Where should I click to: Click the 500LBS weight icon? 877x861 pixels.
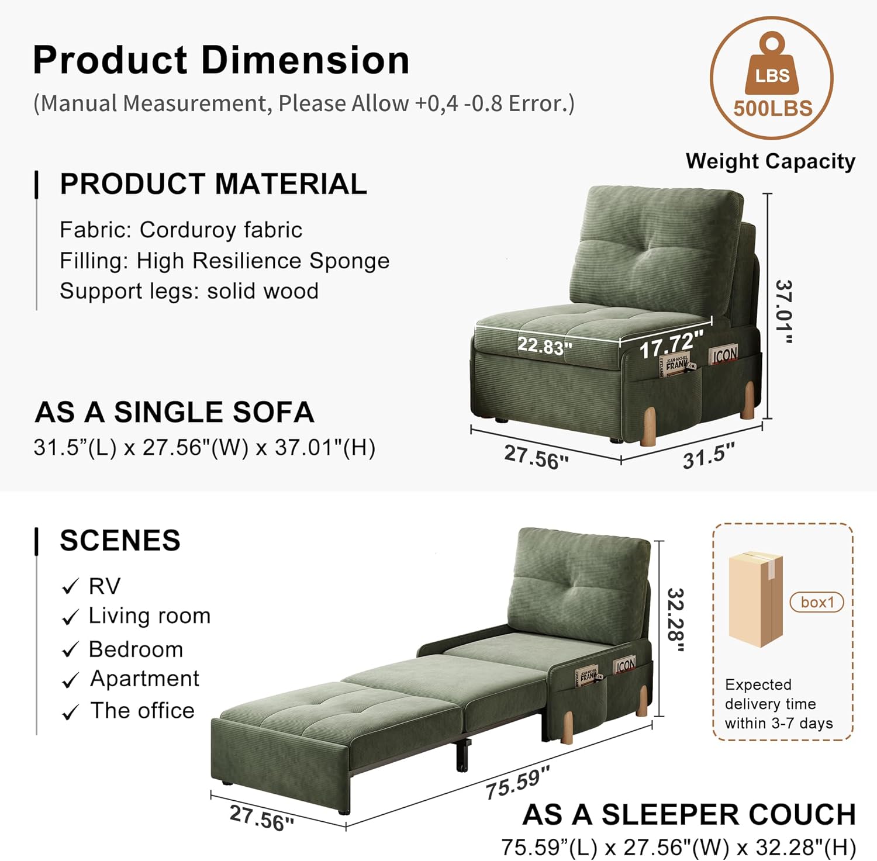772,78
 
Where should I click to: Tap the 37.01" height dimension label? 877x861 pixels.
784,312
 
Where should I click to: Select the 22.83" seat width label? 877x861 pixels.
544,346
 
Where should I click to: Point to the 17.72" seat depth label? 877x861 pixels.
671,345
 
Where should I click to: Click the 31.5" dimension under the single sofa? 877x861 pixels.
709,456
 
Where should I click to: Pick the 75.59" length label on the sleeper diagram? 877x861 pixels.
518,783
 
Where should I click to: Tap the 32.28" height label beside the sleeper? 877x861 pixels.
676,620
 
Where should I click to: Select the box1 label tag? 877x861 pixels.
817,602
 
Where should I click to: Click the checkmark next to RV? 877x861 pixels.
70,586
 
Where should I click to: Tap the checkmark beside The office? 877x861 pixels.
70,712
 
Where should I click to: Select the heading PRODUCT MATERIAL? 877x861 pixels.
213,184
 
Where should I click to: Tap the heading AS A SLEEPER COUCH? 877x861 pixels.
689,815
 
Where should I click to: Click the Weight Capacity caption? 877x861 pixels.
771,161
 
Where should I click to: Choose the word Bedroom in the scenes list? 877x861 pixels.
136,649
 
